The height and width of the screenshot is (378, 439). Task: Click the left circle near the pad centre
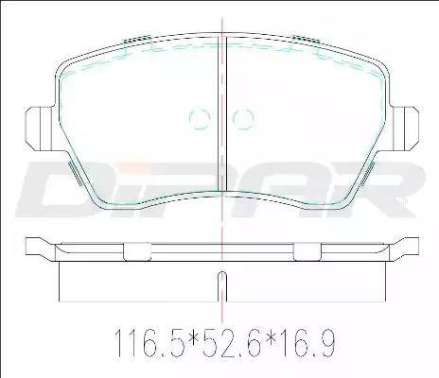click(189, 119)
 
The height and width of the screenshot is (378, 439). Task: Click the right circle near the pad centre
click(233, 119)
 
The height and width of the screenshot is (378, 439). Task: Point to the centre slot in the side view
click(222, 286)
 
